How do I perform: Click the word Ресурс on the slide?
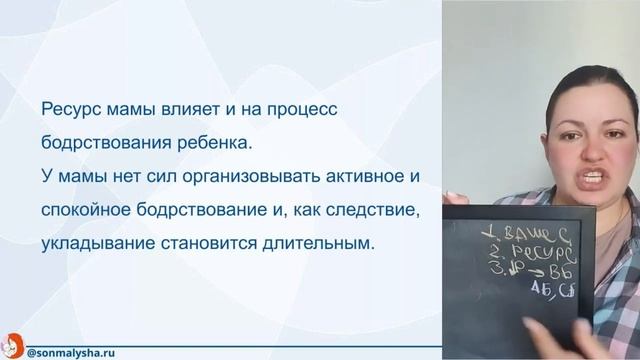pyautogui.click(x=67, y=109)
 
